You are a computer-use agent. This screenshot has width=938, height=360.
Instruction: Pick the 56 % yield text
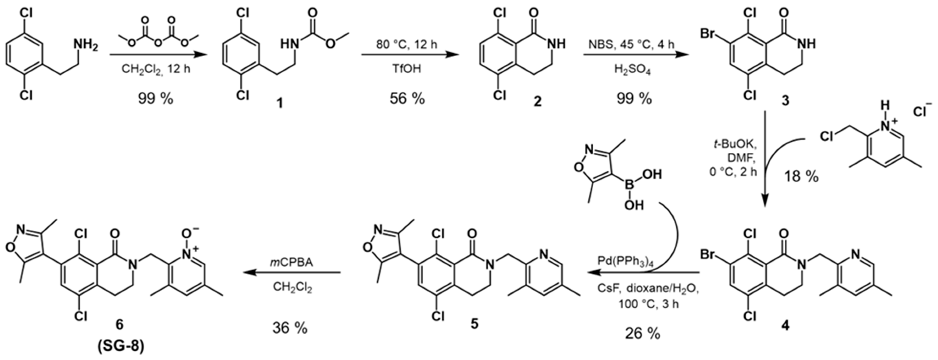[x=407, y=98]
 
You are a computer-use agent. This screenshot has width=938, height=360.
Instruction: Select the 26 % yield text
[x=643, y=333]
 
